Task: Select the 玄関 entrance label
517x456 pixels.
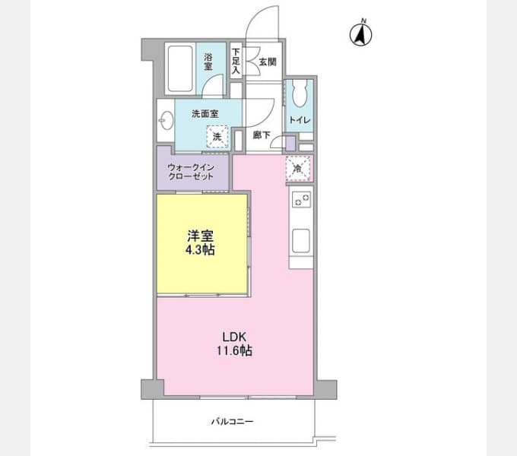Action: click(x=267, y=62)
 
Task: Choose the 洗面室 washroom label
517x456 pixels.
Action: click(x=205, y=113)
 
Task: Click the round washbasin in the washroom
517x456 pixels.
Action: click(x=166, y=119)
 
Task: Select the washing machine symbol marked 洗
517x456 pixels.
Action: click(x=217, y=137)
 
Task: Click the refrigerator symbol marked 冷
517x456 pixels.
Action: click(x=298, y=168)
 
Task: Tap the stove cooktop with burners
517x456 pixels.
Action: click(x=301, y=201)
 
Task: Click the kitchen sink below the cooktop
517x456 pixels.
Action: click(x=301, y=240)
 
